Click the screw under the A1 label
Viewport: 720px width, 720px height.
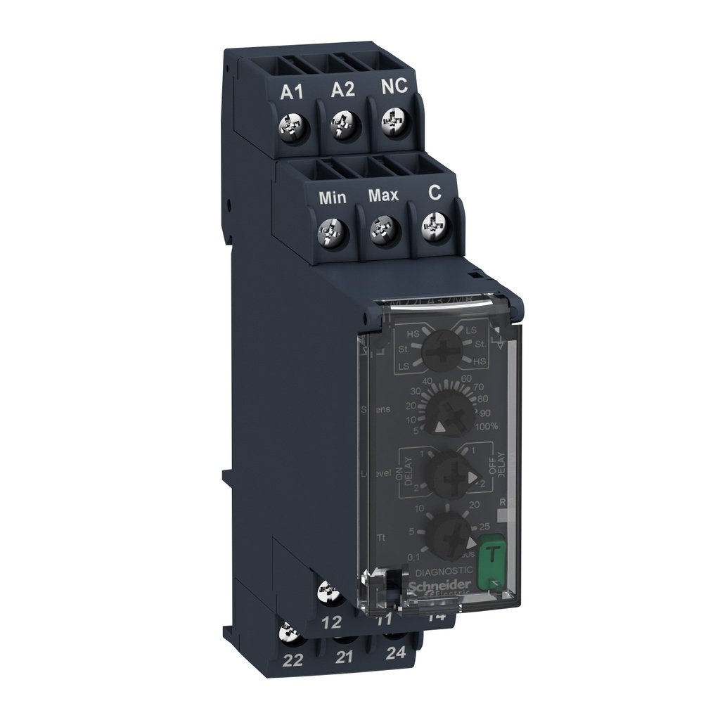[x=290, y=126]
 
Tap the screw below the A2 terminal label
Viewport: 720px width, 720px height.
[x=341, y=126]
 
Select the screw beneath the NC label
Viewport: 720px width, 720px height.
[x=391, y=124]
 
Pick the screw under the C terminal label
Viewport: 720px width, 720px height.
[x=431, y=226]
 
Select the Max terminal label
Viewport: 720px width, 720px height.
[x=383, y=195]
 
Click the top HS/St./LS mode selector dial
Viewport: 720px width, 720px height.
[x=442, y=349]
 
